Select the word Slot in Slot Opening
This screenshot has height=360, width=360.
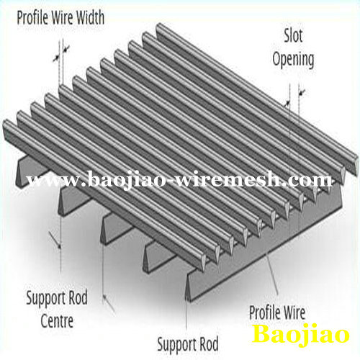pos(293,35)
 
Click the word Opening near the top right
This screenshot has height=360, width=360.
pos(293,59)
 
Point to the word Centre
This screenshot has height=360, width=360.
pos(57,321)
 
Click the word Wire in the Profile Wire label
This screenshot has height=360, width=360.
pos(294,312)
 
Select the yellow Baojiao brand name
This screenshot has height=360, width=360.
pos(300,333)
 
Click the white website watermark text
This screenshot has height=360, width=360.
pos(179,179)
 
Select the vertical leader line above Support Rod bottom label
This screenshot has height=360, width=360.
pos(186,307)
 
